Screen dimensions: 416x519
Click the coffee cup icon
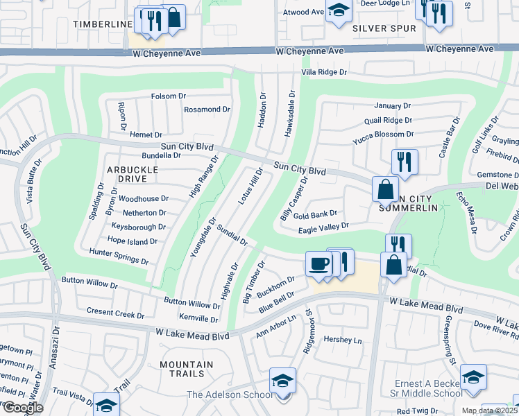(318, 263)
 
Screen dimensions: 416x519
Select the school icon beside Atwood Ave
(339, 10)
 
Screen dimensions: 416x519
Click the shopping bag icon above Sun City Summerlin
(385, 188)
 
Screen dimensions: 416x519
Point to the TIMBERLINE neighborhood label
(102, 24)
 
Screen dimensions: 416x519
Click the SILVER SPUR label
(384, 28)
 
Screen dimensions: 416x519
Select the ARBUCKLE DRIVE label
(127, 173)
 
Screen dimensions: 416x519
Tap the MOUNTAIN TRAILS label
(186, 369)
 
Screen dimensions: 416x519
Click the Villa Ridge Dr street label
(323, 72)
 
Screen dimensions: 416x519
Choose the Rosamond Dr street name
(206, 110)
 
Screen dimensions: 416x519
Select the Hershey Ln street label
(343, 340)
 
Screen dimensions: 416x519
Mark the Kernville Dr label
(198, 318)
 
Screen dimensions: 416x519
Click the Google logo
(22, 408)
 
